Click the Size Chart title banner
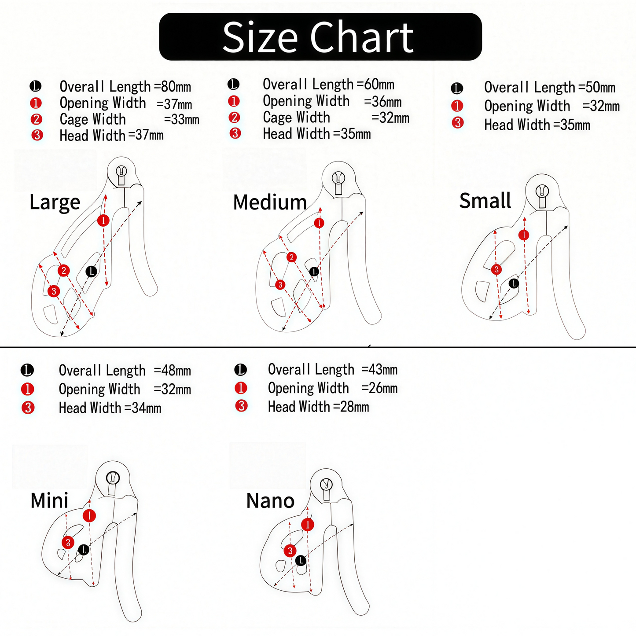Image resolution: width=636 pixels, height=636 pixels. coord(320,37)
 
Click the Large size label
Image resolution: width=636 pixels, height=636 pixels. coord(55,202)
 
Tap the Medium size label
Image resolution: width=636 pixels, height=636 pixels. coord(270,202)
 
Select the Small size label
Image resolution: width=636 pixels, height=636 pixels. coord(485,200)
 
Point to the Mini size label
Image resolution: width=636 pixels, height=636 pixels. coord(49,500)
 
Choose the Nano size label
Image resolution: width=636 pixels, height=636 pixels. coord(270,501)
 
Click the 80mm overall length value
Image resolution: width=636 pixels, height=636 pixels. coord(176,86)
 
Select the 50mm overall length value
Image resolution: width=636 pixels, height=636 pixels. coord(600,88)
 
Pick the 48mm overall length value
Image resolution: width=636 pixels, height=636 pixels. coord(176,371)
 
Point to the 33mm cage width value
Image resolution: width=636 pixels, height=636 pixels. coord(185,119)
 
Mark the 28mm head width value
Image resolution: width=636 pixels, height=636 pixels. coord(354,407)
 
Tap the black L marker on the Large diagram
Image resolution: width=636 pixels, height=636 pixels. coord(92,272)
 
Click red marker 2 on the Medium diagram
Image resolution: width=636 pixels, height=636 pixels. coord(291,257)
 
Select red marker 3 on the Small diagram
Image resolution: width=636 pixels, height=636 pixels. coord(496,269)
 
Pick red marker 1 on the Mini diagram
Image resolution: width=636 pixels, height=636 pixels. coord(89,515)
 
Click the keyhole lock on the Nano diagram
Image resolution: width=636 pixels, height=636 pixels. coord(327,489)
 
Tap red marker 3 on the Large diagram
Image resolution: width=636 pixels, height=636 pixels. coord(54,291)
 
